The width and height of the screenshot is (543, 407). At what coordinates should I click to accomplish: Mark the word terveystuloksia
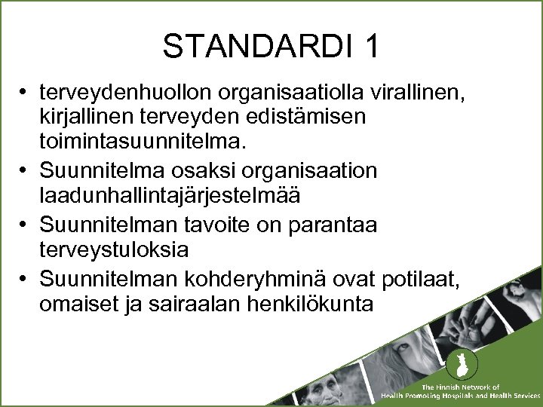[125, 249]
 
